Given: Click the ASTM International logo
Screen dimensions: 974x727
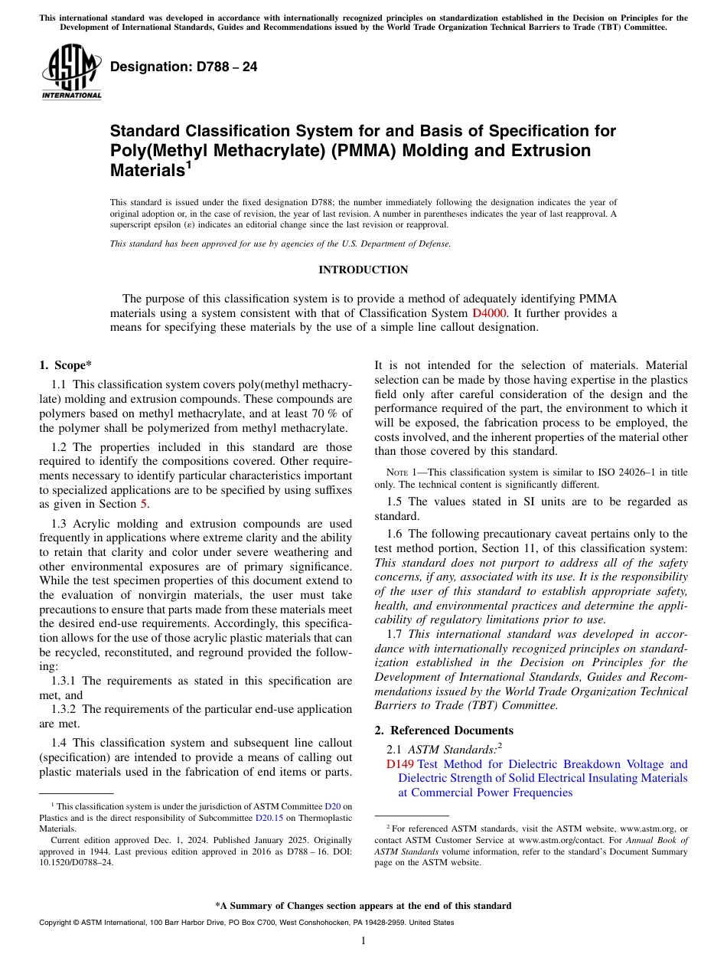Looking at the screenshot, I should pos(71,73).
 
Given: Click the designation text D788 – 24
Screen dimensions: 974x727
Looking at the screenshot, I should pos(184,67).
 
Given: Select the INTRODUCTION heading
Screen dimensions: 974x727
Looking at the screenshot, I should pos(363,270).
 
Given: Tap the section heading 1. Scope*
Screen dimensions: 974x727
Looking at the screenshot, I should pos(65,366).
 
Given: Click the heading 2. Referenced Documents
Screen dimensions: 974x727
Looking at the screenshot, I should pos(444,730).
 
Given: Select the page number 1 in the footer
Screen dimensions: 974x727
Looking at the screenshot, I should pos(363,941).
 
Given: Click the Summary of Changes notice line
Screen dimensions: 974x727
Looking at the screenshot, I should pos(363,906).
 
